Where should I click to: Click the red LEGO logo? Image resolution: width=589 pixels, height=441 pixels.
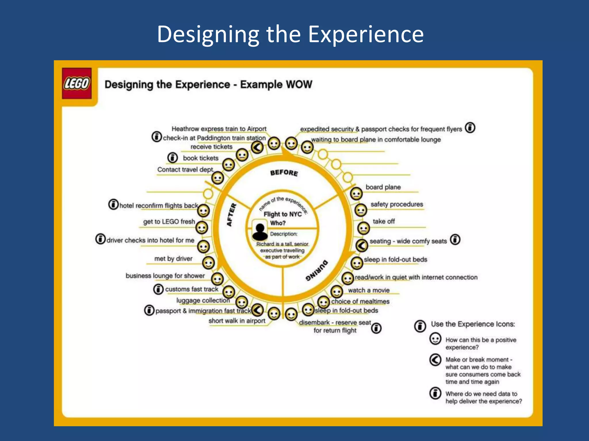(77, 84)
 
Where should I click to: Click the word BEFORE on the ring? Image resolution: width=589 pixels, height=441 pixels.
(284, 173)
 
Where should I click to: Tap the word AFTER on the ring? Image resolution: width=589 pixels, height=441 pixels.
(232, 215)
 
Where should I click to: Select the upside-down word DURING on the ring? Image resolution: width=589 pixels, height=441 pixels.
(316, 270)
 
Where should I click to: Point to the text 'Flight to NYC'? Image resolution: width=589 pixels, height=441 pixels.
(282, 214)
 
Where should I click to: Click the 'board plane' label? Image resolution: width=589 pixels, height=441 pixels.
(383, 187)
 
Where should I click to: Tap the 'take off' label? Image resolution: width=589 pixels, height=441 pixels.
(384, 221)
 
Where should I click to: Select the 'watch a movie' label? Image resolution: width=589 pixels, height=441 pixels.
(369, 290)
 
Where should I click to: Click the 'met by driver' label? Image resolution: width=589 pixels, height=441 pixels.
(173, 259)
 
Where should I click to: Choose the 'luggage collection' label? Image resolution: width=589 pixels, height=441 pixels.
(203, 300)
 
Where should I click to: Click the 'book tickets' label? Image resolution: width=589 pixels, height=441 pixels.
(201, 158)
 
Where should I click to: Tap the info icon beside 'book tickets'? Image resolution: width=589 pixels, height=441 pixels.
(173, 158)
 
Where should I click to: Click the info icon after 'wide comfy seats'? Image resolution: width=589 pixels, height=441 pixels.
(455, 239)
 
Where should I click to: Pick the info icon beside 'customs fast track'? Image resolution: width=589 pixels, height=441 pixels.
(158, 289)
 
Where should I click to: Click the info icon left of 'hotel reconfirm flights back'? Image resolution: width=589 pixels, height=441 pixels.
(113, 204)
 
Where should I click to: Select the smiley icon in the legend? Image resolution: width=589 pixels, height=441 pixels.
(435, 339)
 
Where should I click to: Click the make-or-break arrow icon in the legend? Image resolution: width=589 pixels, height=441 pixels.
(435, 359)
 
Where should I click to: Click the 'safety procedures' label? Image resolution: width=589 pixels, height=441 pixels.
(397, 204)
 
